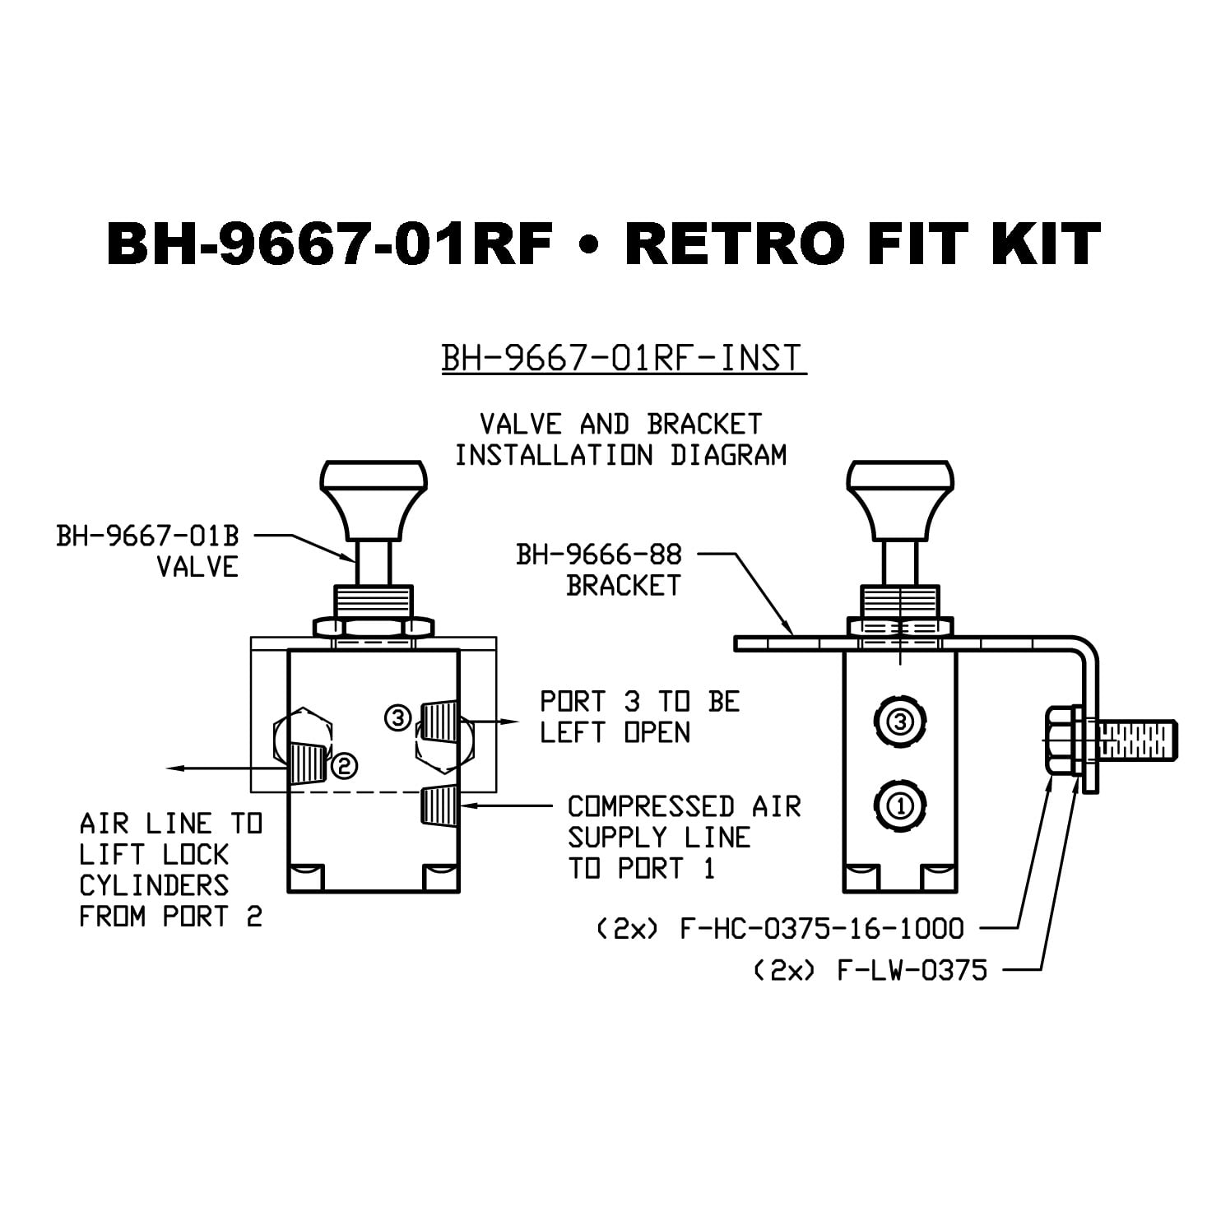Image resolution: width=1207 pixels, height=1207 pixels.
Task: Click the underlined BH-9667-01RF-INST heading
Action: click(624, 359)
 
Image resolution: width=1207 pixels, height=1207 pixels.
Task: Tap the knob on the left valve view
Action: click(374, 490)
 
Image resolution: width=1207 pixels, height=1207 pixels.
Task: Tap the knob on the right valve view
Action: click(901, 490)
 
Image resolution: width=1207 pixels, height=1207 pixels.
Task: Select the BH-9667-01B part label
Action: click(147, 536)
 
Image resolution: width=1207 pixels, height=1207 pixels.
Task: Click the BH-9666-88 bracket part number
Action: click(599, 555)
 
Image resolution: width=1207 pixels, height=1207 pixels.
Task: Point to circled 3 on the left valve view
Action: click(398, 718)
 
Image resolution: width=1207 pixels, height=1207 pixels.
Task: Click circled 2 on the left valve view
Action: click(343, 766)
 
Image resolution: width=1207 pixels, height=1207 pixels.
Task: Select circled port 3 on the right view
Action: click(901, 722)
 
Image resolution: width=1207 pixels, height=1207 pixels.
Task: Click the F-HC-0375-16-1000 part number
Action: click(820, 929)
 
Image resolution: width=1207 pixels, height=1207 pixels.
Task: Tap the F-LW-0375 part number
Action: click(911, 971)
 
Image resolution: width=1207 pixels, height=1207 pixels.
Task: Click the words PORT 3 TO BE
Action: click(639, 702)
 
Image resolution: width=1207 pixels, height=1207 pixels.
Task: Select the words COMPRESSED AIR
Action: click(684, 806)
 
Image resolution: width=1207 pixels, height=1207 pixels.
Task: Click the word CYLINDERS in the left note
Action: click(154, 885)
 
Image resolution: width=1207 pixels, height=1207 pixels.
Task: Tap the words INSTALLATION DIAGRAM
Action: click(621, 455)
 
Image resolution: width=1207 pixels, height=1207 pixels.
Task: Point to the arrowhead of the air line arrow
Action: click(173, 768)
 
